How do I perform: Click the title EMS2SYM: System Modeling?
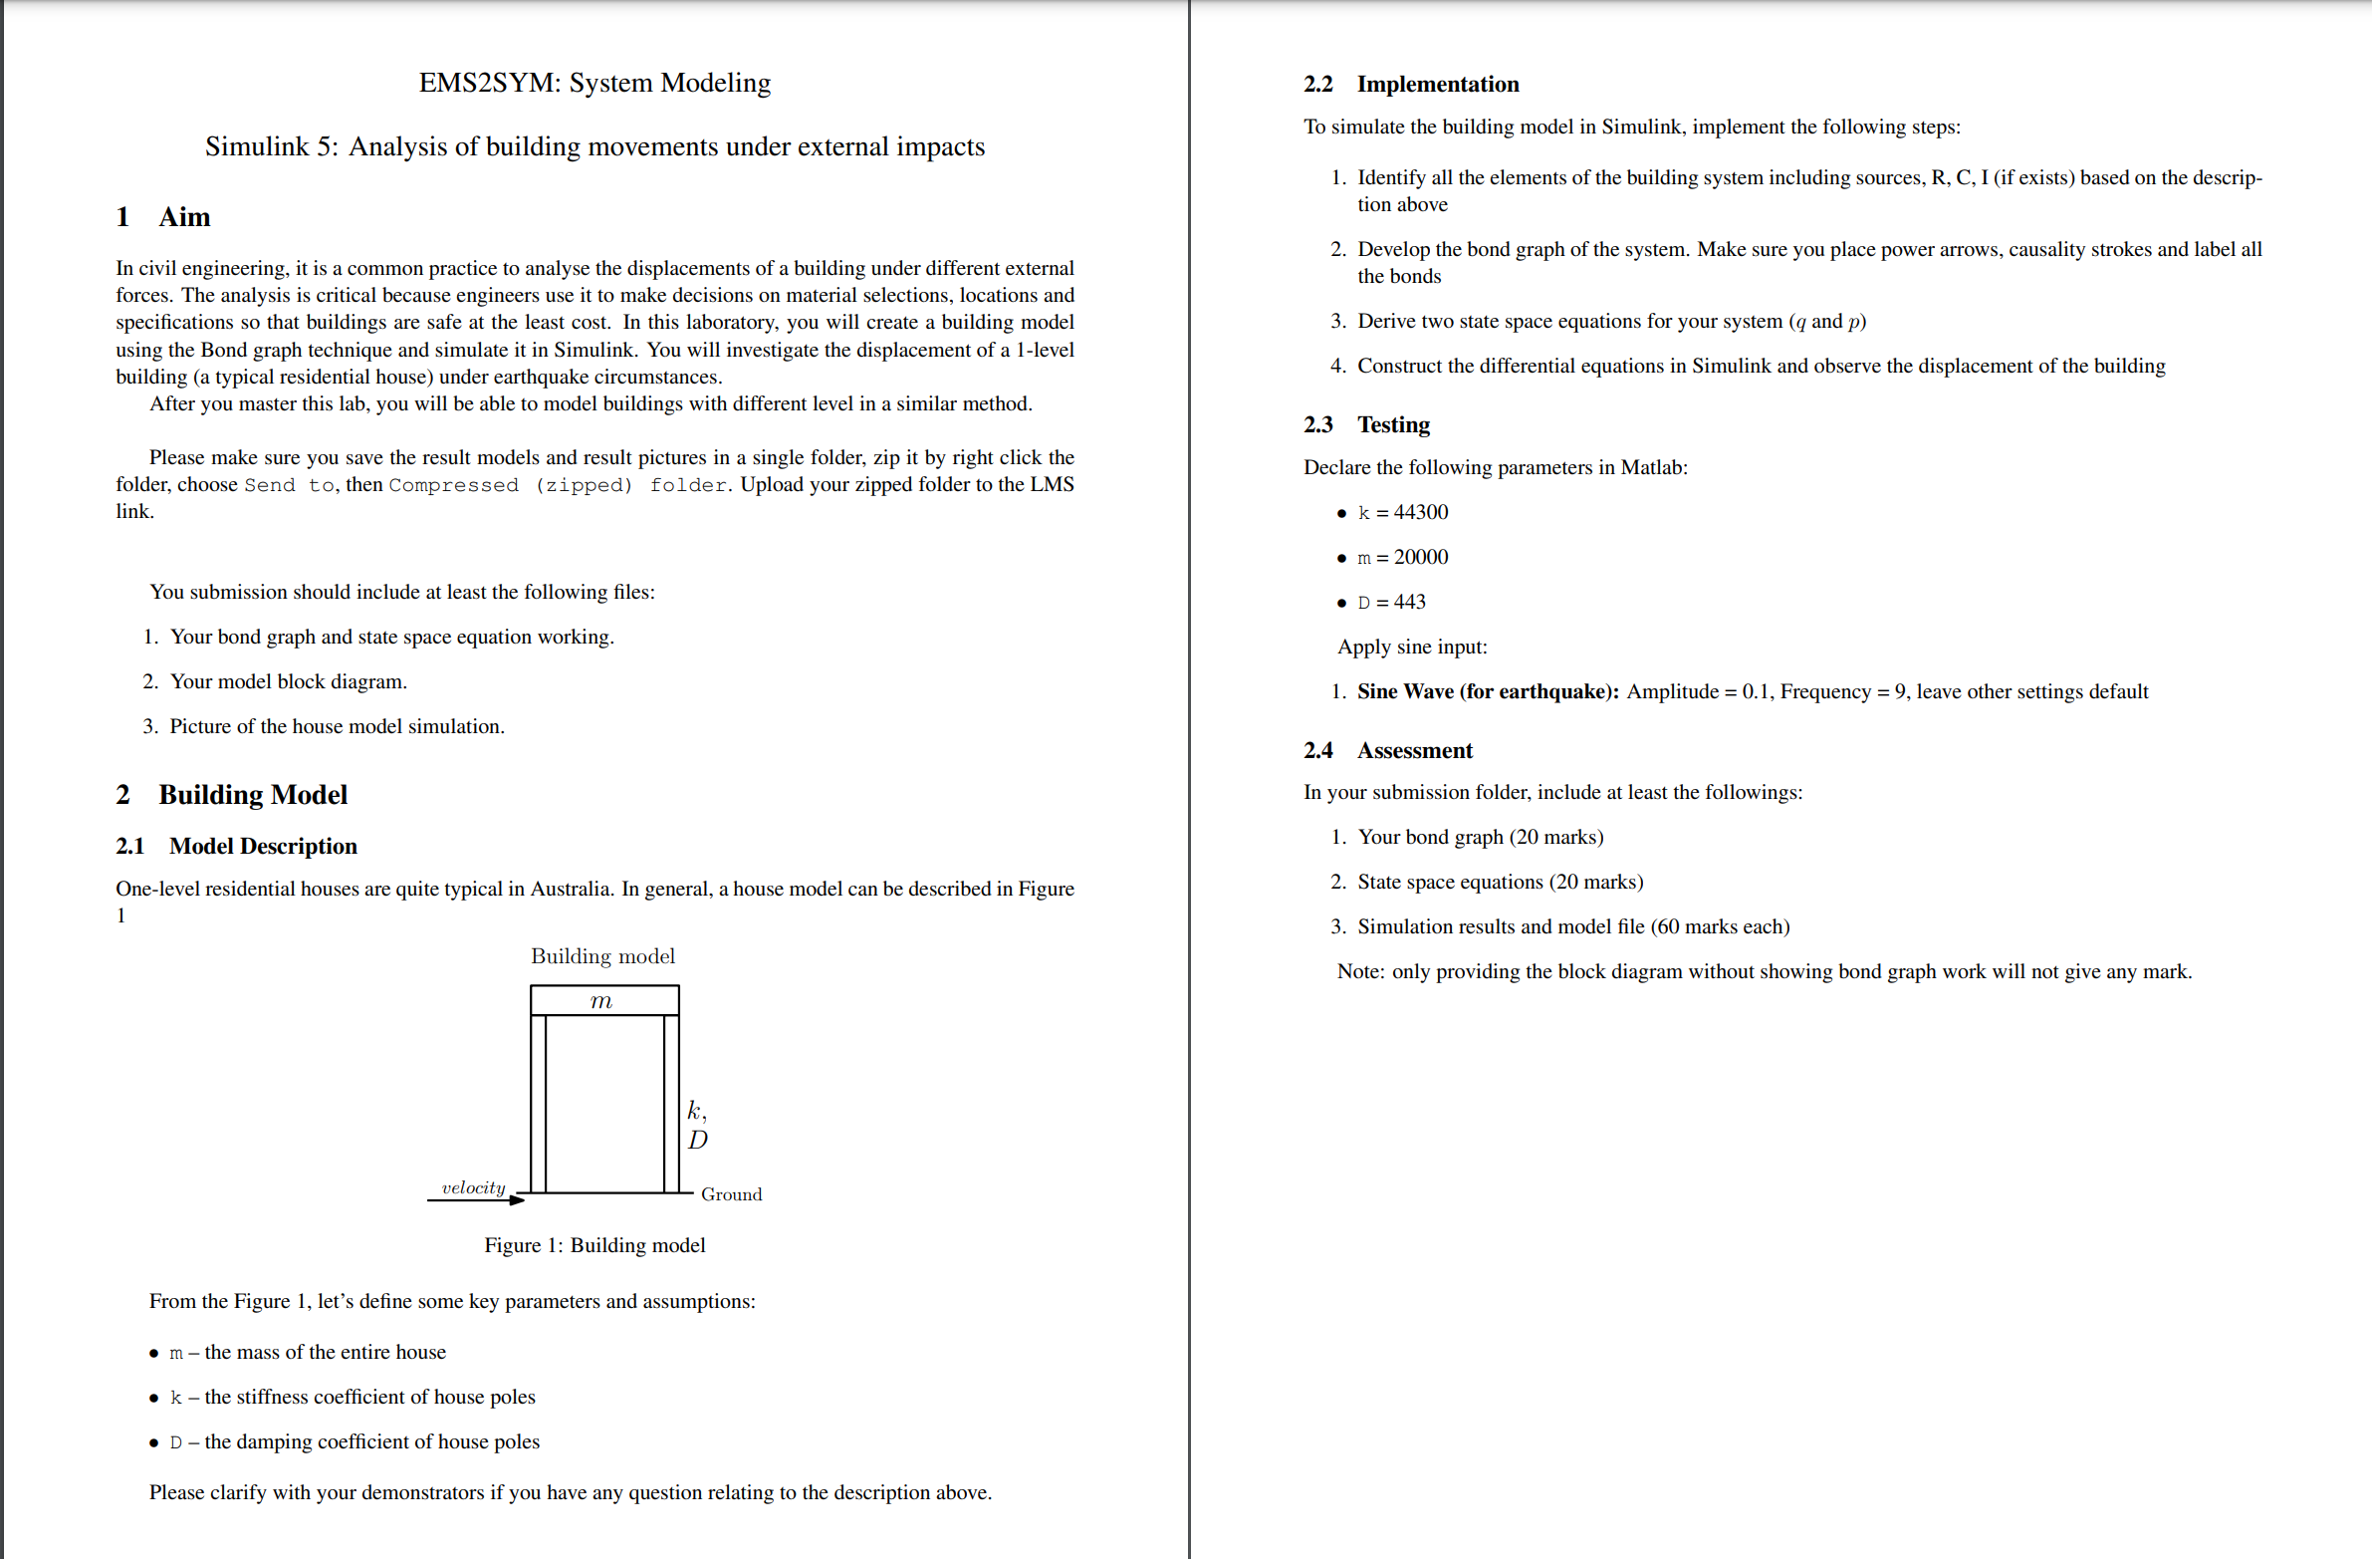tap(594, 83)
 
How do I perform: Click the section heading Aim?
tap(184, 217)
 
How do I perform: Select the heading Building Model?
tap(252, 795)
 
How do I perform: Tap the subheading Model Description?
tap(262, 847)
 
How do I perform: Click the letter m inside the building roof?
tap(601, 1001)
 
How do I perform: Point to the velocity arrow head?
tap(516, 1200)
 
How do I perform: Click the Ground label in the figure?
tap(731, 1194)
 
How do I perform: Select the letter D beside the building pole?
tap(698, 1140)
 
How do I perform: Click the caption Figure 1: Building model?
tap(594, 1245)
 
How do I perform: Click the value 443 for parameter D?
tap(1409, 602)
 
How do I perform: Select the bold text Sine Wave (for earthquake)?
tap(1487, 691)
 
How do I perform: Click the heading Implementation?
tap(1437, 85)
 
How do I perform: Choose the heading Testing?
tap(1392, 425)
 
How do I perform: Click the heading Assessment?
tap(1413, 750)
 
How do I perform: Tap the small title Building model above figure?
tap(602, 957)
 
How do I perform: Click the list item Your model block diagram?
tap(288, 681)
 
